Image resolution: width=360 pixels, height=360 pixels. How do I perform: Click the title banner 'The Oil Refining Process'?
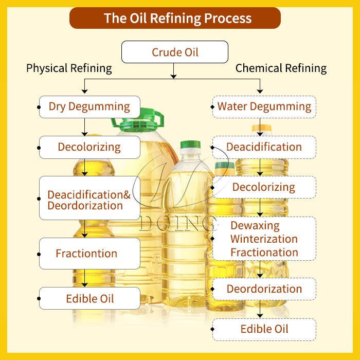(x=177, y=19)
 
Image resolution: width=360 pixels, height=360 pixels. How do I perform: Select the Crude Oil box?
(x=175, y=52)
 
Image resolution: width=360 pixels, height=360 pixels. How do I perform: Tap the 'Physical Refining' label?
(x=69, y=68)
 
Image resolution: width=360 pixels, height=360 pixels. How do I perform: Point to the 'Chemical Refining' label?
(x=281, y=68)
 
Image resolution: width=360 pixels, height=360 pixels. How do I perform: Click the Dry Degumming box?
(x=89, y=106)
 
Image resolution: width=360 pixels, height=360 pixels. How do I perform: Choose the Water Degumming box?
(x=264, y=106)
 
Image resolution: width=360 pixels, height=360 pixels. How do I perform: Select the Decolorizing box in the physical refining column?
(x=89, y=147)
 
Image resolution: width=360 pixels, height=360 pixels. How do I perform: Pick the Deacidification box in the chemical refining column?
(x=264, y=147)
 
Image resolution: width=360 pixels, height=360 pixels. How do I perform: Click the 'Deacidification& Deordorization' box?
(x=89, y=200)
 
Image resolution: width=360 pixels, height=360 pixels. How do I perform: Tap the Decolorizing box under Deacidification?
(x=264, y=187)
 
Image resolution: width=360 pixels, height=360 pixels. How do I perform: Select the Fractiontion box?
(x=89, y=253)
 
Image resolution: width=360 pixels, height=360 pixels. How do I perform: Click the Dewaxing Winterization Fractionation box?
(x=264, y=239)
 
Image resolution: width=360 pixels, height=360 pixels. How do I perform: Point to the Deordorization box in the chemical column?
(x=264, y=289)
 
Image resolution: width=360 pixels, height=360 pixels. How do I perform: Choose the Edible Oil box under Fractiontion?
(x=89, y=298)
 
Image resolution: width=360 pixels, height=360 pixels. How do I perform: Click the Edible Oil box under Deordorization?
(x=264, y=329)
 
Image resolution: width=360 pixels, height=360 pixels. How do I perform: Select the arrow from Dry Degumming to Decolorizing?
(x=85, y=127)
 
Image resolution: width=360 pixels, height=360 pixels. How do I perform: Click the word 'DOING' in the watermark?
(x=177, y=223)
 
